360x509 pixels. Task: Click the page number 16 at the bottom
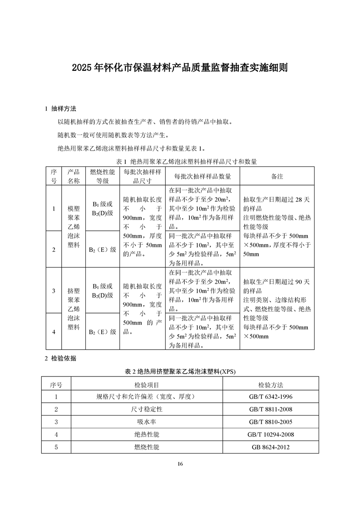click(180, 464)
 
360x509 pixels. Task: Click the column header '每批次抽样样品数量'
click(202, 176)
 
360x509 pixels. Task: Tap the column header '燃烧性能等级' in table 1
click(102, 176)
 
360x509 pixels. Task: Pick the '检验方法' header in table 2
click(271, 385)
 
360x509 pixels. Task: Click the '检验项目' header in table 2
click(147, 385)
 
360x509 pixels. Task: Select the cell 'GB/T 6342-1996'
click(271, 397)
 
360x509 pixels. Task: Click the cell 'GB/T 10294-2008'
click(271, 435)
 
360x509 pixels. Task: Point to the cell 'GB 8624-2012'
click(271, 447)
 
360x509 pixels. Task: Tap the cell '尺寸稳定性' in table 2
click(147, 410)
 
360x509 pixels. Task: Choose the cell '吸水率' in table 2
click(147, 422)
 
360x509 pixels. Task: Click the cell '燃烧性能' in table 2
click(147, 447)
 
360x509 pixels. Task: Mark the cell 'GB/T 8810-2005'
click(271, 422)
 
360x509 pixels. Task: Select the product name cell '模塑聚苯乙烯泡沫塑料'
click(74, 227)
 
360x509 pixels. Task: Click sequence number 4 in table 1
click(54, 332)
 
